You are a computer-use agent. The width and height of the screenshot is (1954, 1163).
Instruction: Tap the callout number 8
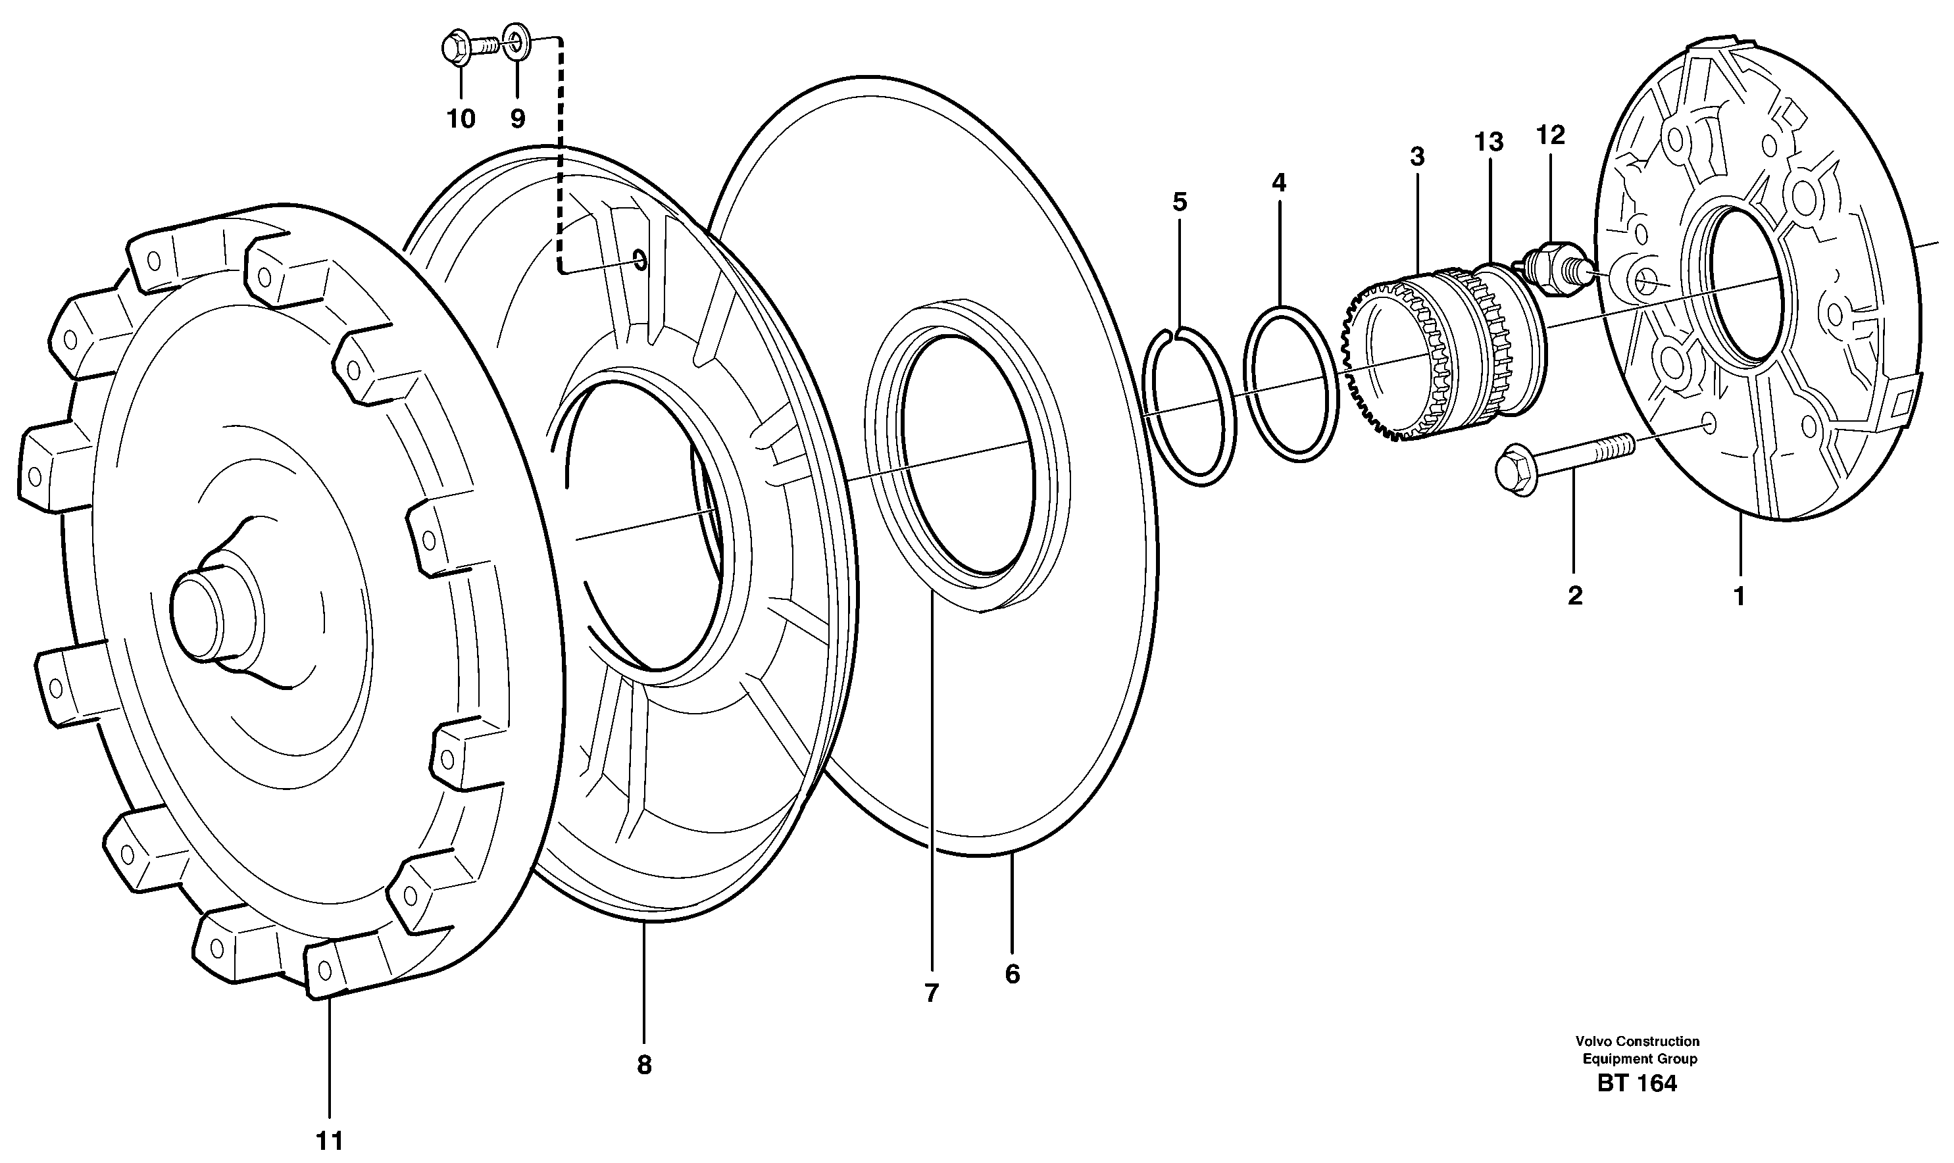pos(643,1065)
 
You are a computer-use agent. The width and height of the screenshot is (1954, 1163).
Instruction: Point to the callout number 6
pos(1012,974)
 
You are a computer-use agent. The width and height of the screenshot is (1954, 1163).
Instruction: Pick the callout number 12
pos(1550,135)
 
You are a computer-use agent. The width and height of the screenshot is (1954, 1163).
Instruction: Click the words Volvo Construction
pos(1638,1041)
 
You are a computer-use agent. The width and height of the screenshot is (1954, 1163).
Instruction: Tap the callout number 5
pos(1180,202)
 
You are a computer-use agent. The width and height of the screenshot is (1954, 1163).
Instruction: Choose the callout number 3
pos(1417,157)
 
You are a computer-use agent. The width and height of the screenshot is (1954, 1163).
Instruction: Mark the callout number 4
pos(1278,184)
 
